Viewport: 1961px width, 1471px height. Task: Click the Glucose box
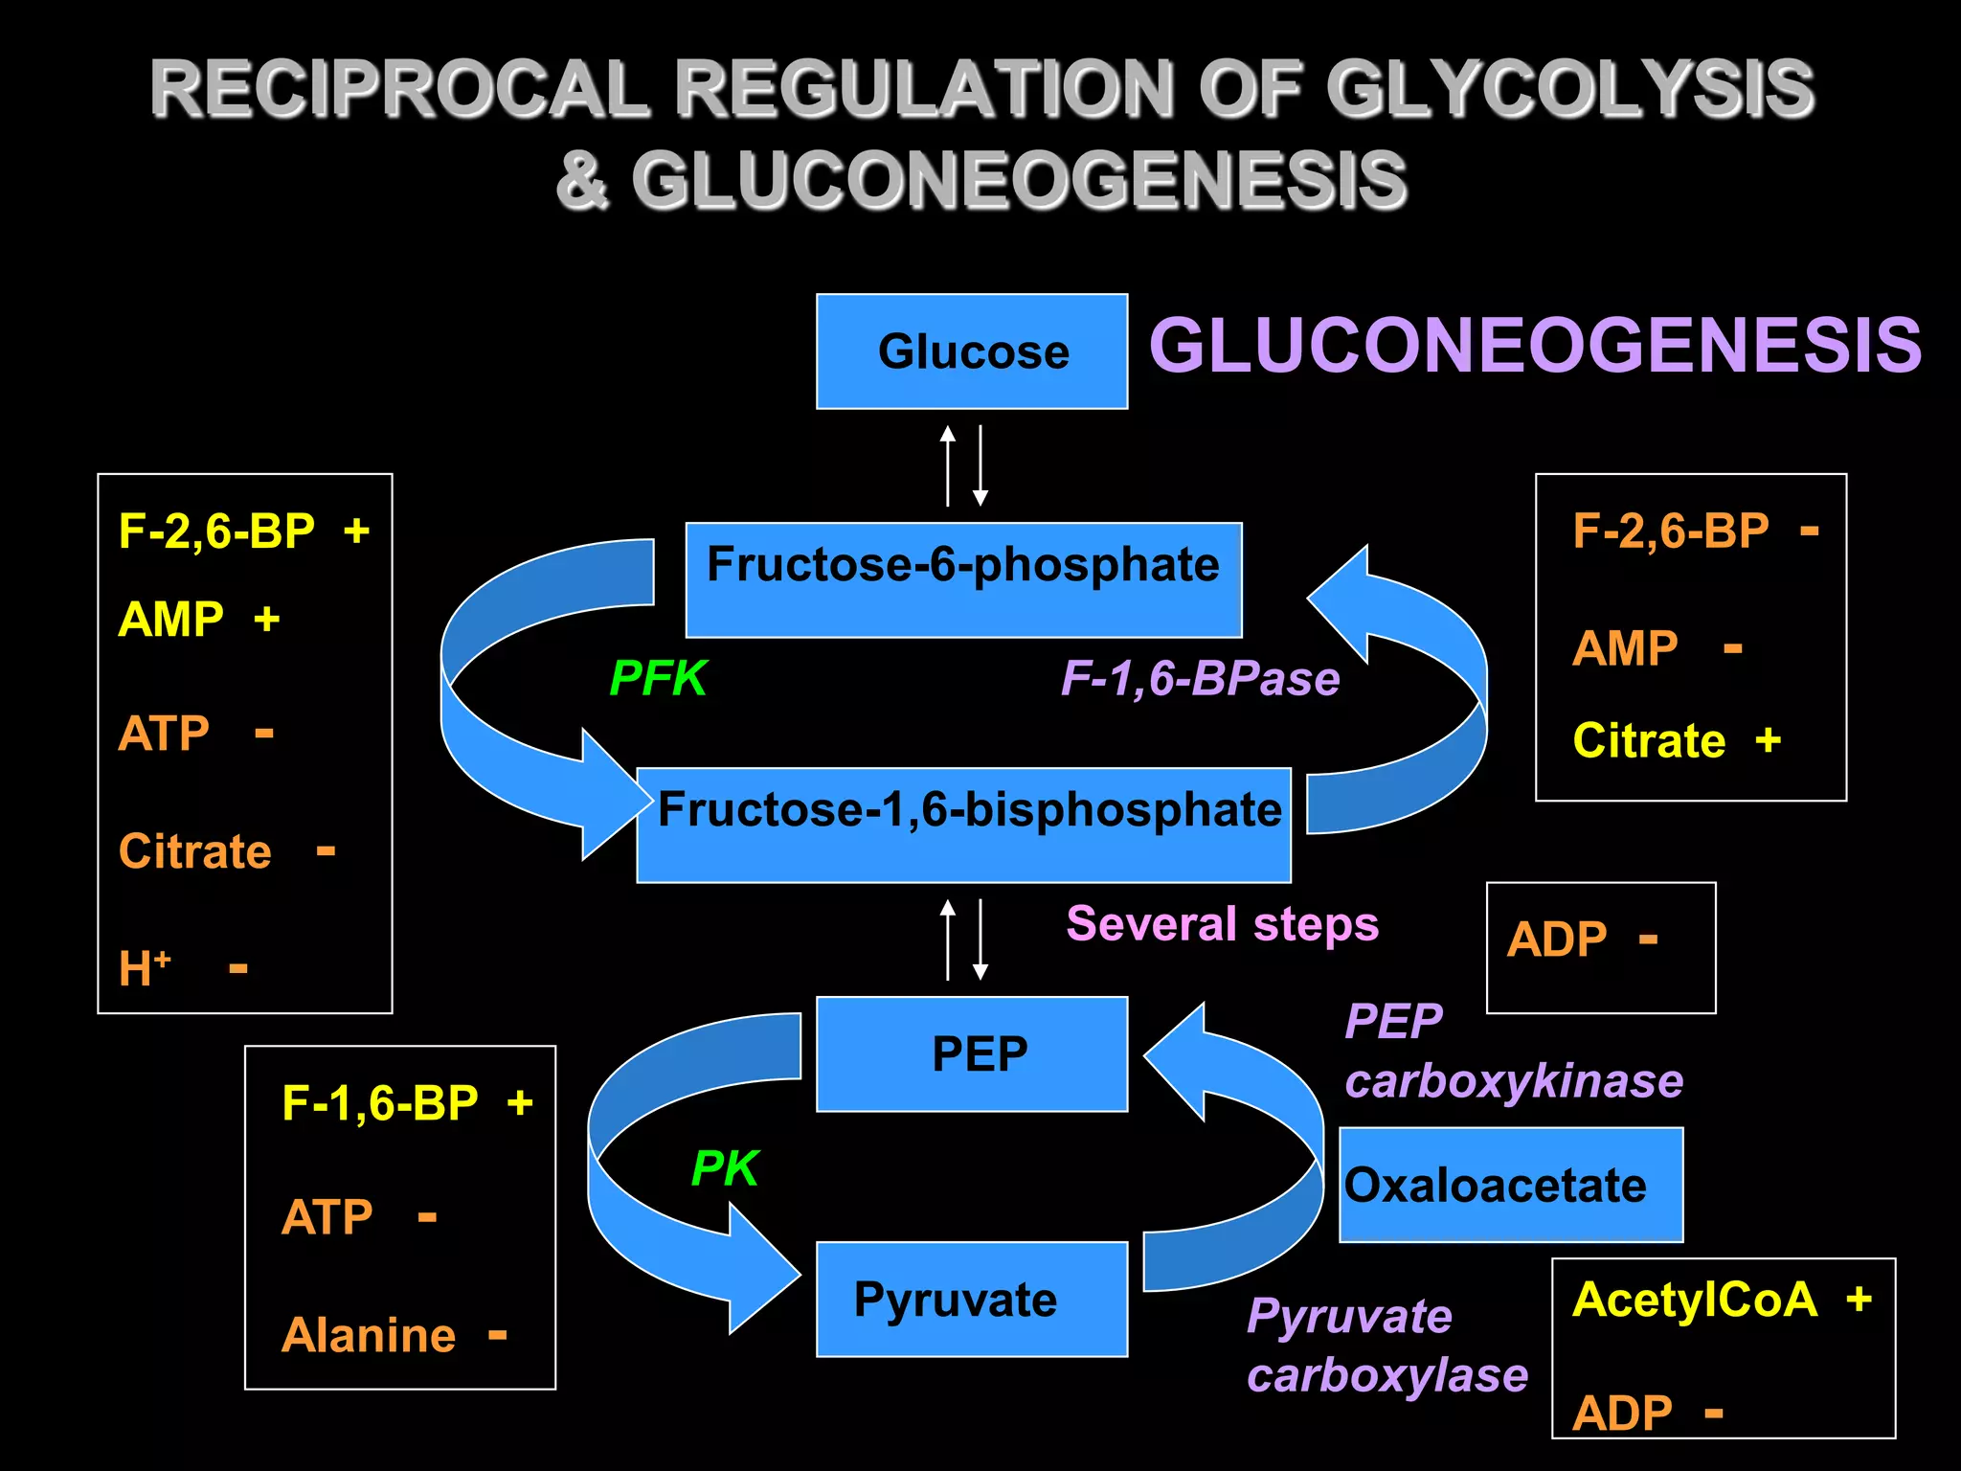click(x=972, y=351)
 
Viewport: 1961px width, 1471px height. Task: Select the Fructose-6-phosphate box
click(x=963, y=578)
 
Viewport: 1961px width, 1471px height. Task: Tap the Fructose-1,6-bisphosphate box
click(x=963, y=824)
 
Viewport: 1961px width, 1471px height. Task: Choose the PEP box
click(x=972, y=1053)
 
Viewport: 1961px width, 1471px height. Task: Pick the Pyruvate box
click(x=972, y=1299)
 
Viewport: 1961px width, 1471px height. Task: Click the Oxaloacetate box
click(x=1510, y=1185)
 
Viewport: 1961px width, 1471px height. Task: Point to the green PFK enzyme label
click(x=658, y=678)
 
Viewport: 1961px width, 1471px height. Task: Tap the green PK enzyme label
click(x=725, y=1168)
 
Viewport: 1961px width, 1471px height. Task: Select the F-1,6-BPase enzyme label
click(x=1200, y=679)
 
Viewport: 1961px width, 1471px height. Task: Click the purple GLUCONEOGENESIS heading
click(x=1535, y=346)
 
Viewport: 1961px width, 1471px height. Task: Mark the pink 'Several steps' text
click(x=1222, y=924)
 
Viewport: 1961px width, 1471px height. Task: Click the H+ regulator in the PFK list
click(x=144, y=967)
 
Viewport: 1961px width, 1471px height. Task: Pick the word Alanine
click(x=369, y=1335)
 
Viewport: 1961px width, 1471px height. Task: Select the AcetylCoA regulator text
click(x=1695, y=1300)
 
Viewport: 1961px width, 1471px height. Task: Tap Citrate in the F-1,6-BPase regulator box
click(x=1649, y=740)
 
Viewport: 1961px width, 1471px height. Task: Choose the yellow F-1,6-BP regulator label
click(x=380, y=1103)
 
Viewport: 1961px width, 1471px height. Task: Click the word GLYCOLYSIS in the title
click(x=1569, y=89)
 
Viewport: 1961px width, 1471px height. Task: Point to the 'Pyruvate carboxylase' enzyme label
click(x=1386, y=1346)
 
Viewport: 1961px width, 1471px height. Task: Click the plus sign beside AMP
click(x=267, y=620)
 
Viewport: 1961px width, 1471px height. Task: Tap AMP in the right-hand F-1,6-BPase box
click(x=1625, y=648)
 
